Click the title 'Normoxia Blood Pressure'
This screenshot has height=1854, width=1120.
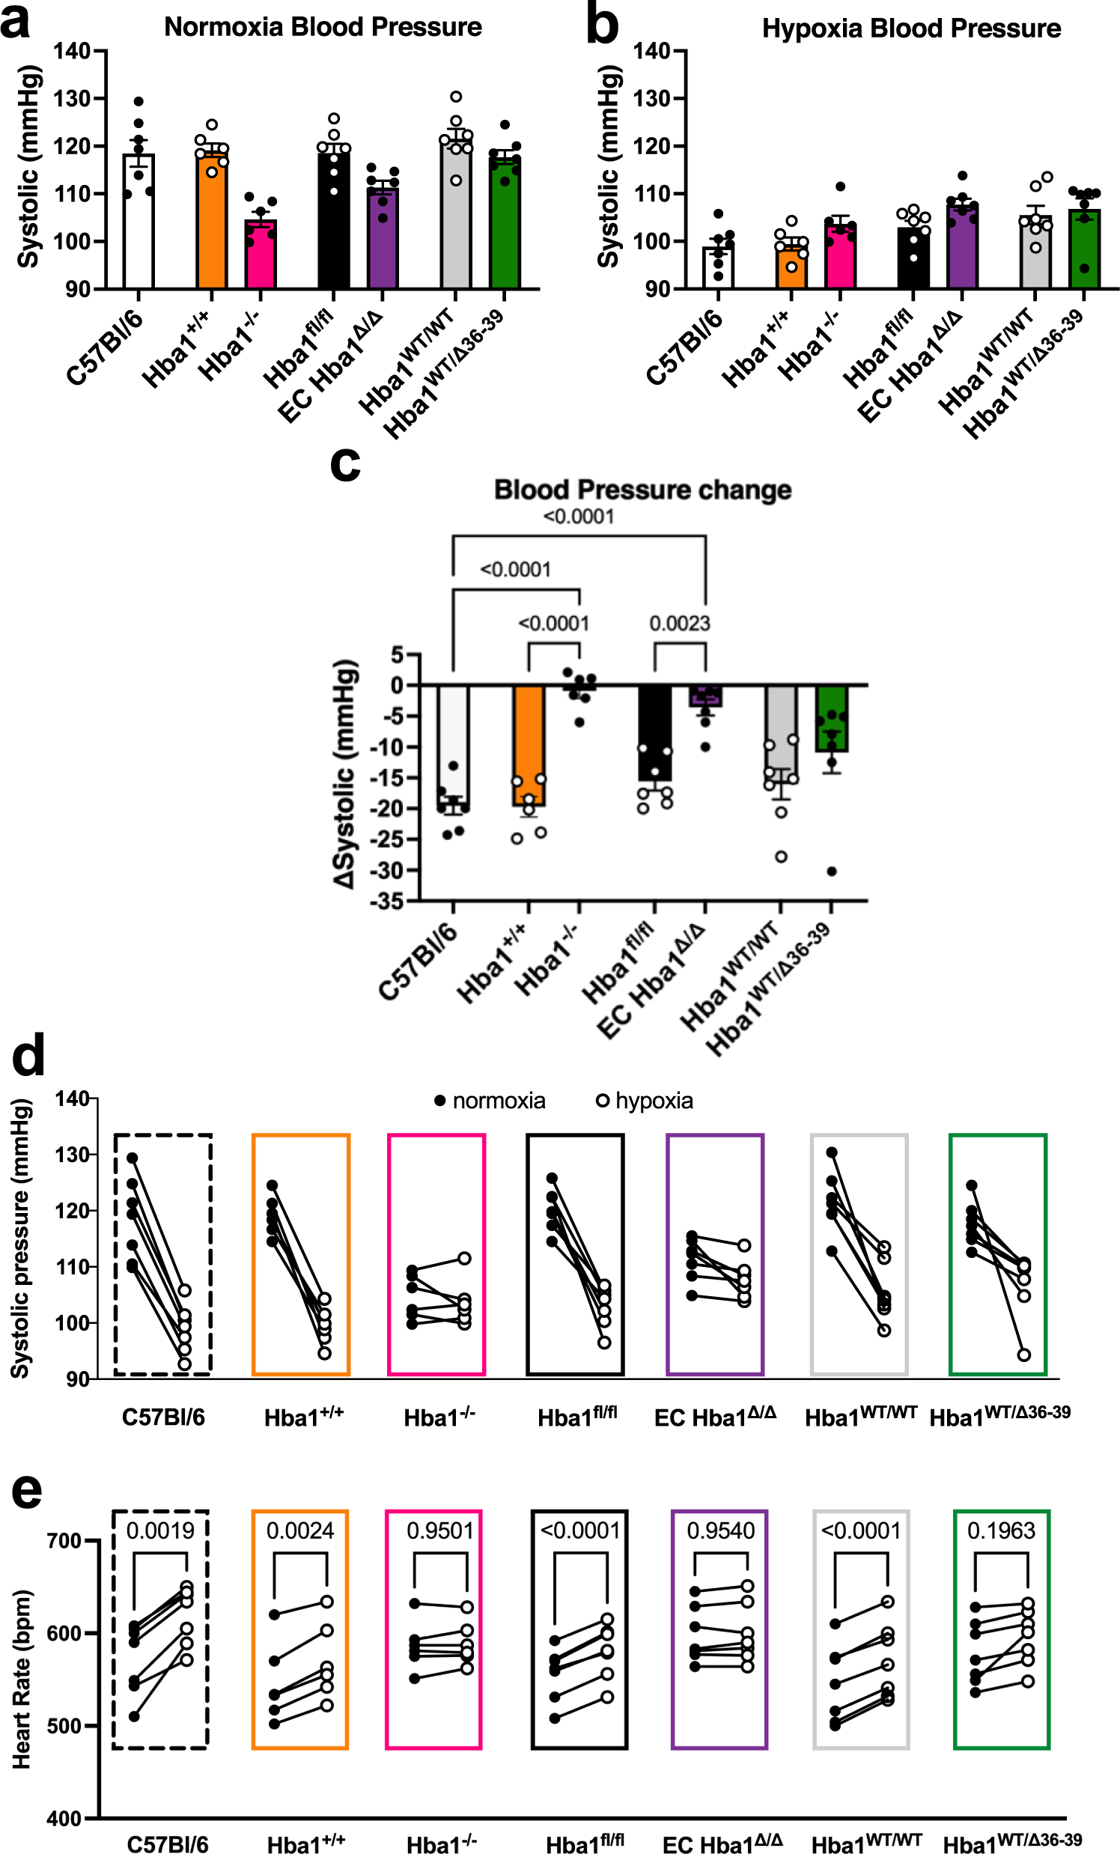click(x=323, y=27)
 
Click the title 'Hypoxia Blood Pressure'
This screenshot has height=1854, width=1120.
click(x=911, y=28)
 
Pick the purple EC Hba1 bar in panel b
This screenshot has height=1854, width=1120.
click(x=962, y=249)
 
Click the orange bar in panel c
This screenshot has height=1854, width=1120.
click(x=529, y=745)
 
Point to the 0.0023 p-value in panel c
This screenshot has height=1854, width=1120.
click(x=679, y=623)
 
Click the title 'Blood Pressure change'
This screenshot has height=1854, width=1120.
click(x=642, y=490)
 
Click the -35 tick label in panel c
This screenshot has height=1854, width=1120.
click(x=386, y=902)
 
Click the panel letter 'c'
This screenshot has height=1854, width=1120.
click(x=345, y=464)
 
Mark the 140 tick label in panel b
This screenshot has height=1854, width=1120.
click(x=651, y=51)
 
